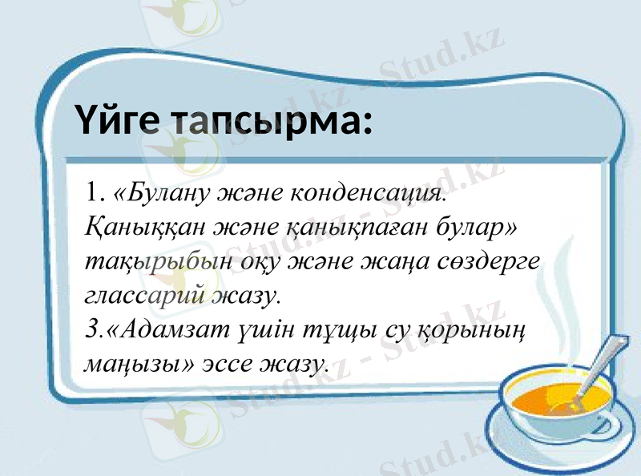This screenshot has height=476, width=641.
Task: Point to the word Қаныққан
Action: [x=141, y=228]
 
